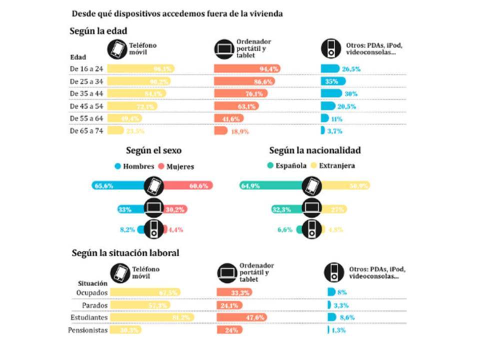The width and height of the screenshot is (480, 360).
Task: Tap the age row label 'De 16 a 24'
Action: click(x=86, y=68)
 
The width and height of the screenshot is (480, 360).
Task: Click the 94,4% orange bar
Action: click(x=247, y=68)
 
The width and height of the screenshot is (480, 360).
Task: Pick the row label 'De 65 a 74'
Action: click(x=86, y=130)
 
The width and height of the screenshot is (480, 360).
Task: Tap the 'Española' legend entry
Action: click(x=288, y=166)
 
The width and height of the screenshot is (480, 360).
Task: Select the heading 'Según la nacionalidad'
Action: click(x=315, y=150)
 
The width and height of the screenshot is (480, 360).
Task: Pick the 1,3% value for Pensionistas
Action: click(x=338, y=330)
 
